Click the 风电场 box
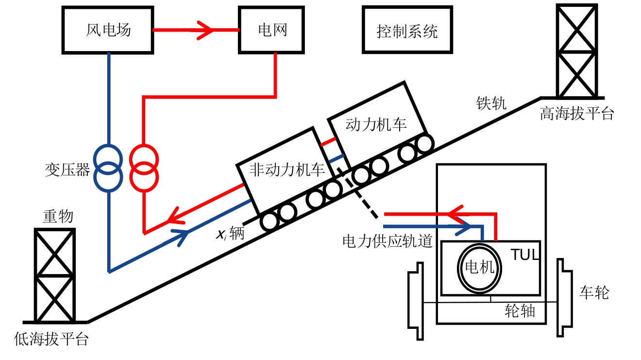[x=108, y=30]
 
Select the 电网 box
[x=272, y=30]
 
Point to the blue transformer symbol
[x=108, y=167]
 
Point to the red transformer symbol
[x=144, y=167]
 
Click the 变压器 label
[x=67, y=170]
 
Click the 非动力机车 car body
[x=287, y=170]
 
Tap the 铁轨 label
[x=491, y=103]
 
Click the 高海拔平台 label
[x=577, y=114]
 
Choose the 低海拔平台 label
[x=51, y=339]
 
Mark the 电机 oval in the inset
[x=479, y=268]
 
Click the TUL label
[x=525, y=255]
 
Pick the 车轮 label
[x=594, y=292]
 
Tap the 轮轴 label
[x=520, y=311]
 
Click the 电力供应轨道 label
[x=387, y=241]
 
